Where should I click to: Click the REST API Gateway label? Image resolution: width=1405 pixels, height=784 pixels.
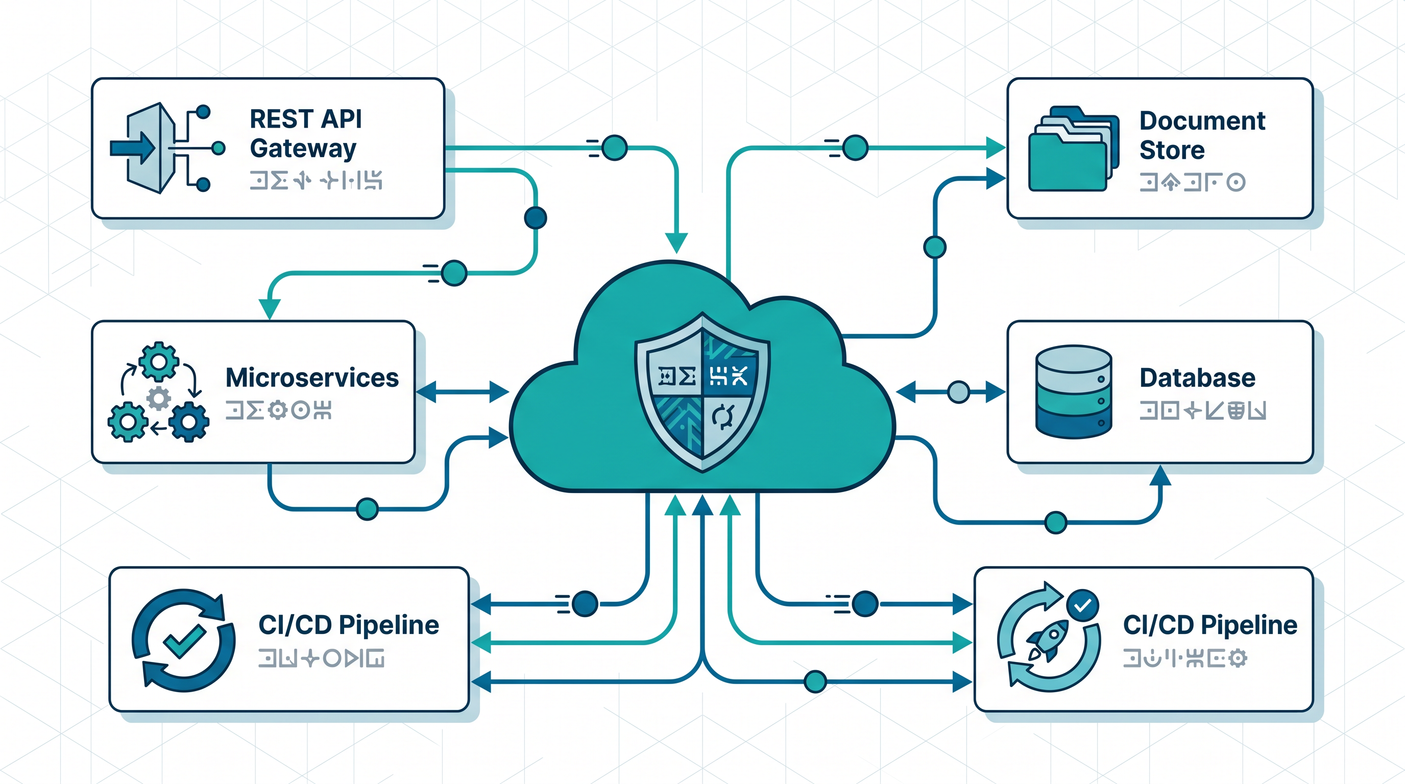coord(305,134)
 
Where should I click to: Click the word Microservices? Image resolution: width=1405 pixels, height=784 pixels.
coord(312,378)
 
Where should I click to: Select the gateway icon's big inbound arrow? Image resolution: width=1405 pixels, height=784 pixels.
coord(133,148)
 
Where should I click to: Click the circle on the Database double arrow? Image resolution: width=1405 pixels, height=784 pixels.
coord(958,392)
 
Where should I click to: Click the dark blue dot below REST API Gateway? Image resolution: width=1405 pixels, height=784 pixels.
coord(535,217)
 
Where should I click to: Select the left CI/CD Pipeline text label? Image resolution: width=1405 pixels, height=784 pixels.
coord(349,625)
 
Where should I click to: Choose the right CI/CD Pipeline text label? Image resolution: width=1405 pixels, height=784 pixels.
coord(1210,625)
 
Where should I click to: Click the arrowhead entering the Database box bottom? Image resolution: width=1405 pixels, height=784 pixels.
coord(1160,475)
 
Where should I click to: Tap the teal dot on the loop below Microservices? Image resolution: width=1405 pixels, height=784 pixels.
coord(367,509)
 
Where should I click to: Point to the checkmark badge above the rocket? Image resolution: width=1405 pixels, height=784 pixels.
coord(1082,605)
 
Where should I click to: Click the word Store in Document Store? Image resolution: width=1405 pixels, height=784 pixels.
coord(1172,150)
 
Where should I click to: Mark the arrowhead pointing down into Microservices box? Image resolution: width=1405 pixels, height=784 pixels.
coord(270,309)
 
